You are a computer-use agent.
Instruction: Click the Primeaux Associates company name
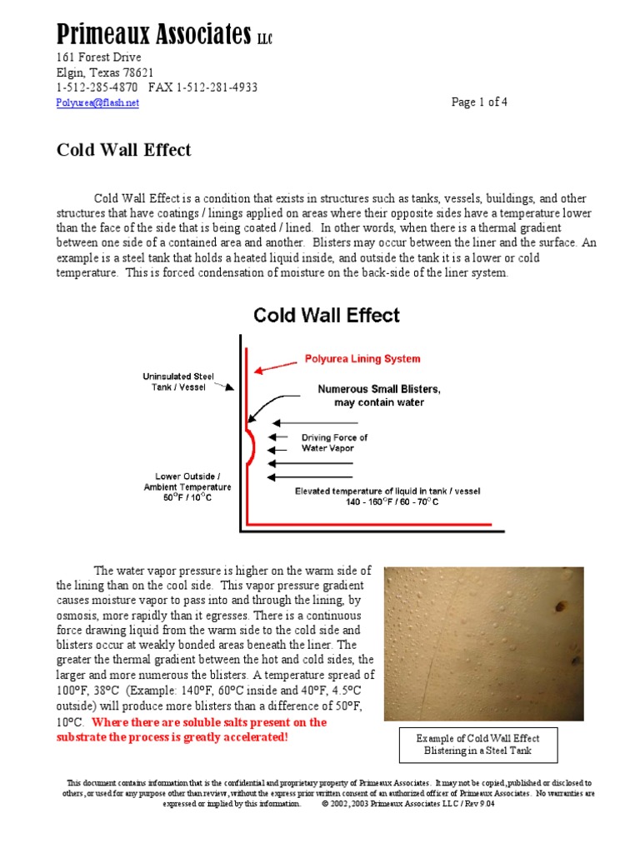[x=153, y=34]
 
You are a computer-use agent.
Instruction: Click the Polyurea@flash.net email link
[x=97, y=102]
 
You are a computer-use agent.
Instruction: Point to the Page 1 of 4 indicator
[x=479, y=102]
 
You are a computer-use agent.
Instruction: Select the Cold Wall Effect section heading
[x=123, y=150]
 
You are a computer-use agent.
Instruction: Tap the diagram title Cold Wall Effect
[x=327, y=316]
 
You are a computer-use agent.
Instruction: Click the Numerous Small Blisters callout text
[x=379, y=396]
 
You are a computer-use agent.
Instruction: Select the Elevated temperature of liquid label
[x=387, y=496]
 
